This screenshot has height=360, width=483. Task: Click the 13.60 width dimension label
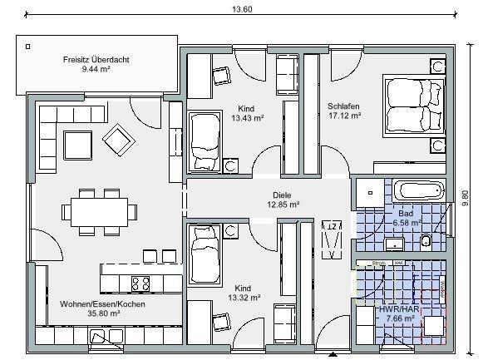(241, 9)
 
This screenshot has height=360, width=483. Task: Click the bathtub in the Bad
(414, 190)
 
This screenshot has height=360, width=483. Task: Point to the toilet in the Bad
(427, 241)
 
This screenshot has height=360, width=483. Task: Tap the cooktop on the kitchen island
(140, 283)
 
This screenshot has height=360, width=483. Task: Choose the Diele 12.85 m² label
(283, 199)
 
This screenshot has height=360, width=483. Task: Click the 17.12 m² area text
(343, 116)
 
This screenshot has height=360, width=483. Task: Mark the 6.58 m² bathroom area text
(404, 224)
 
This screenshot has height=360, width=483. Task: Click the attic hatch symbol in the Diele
(332, 238)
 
